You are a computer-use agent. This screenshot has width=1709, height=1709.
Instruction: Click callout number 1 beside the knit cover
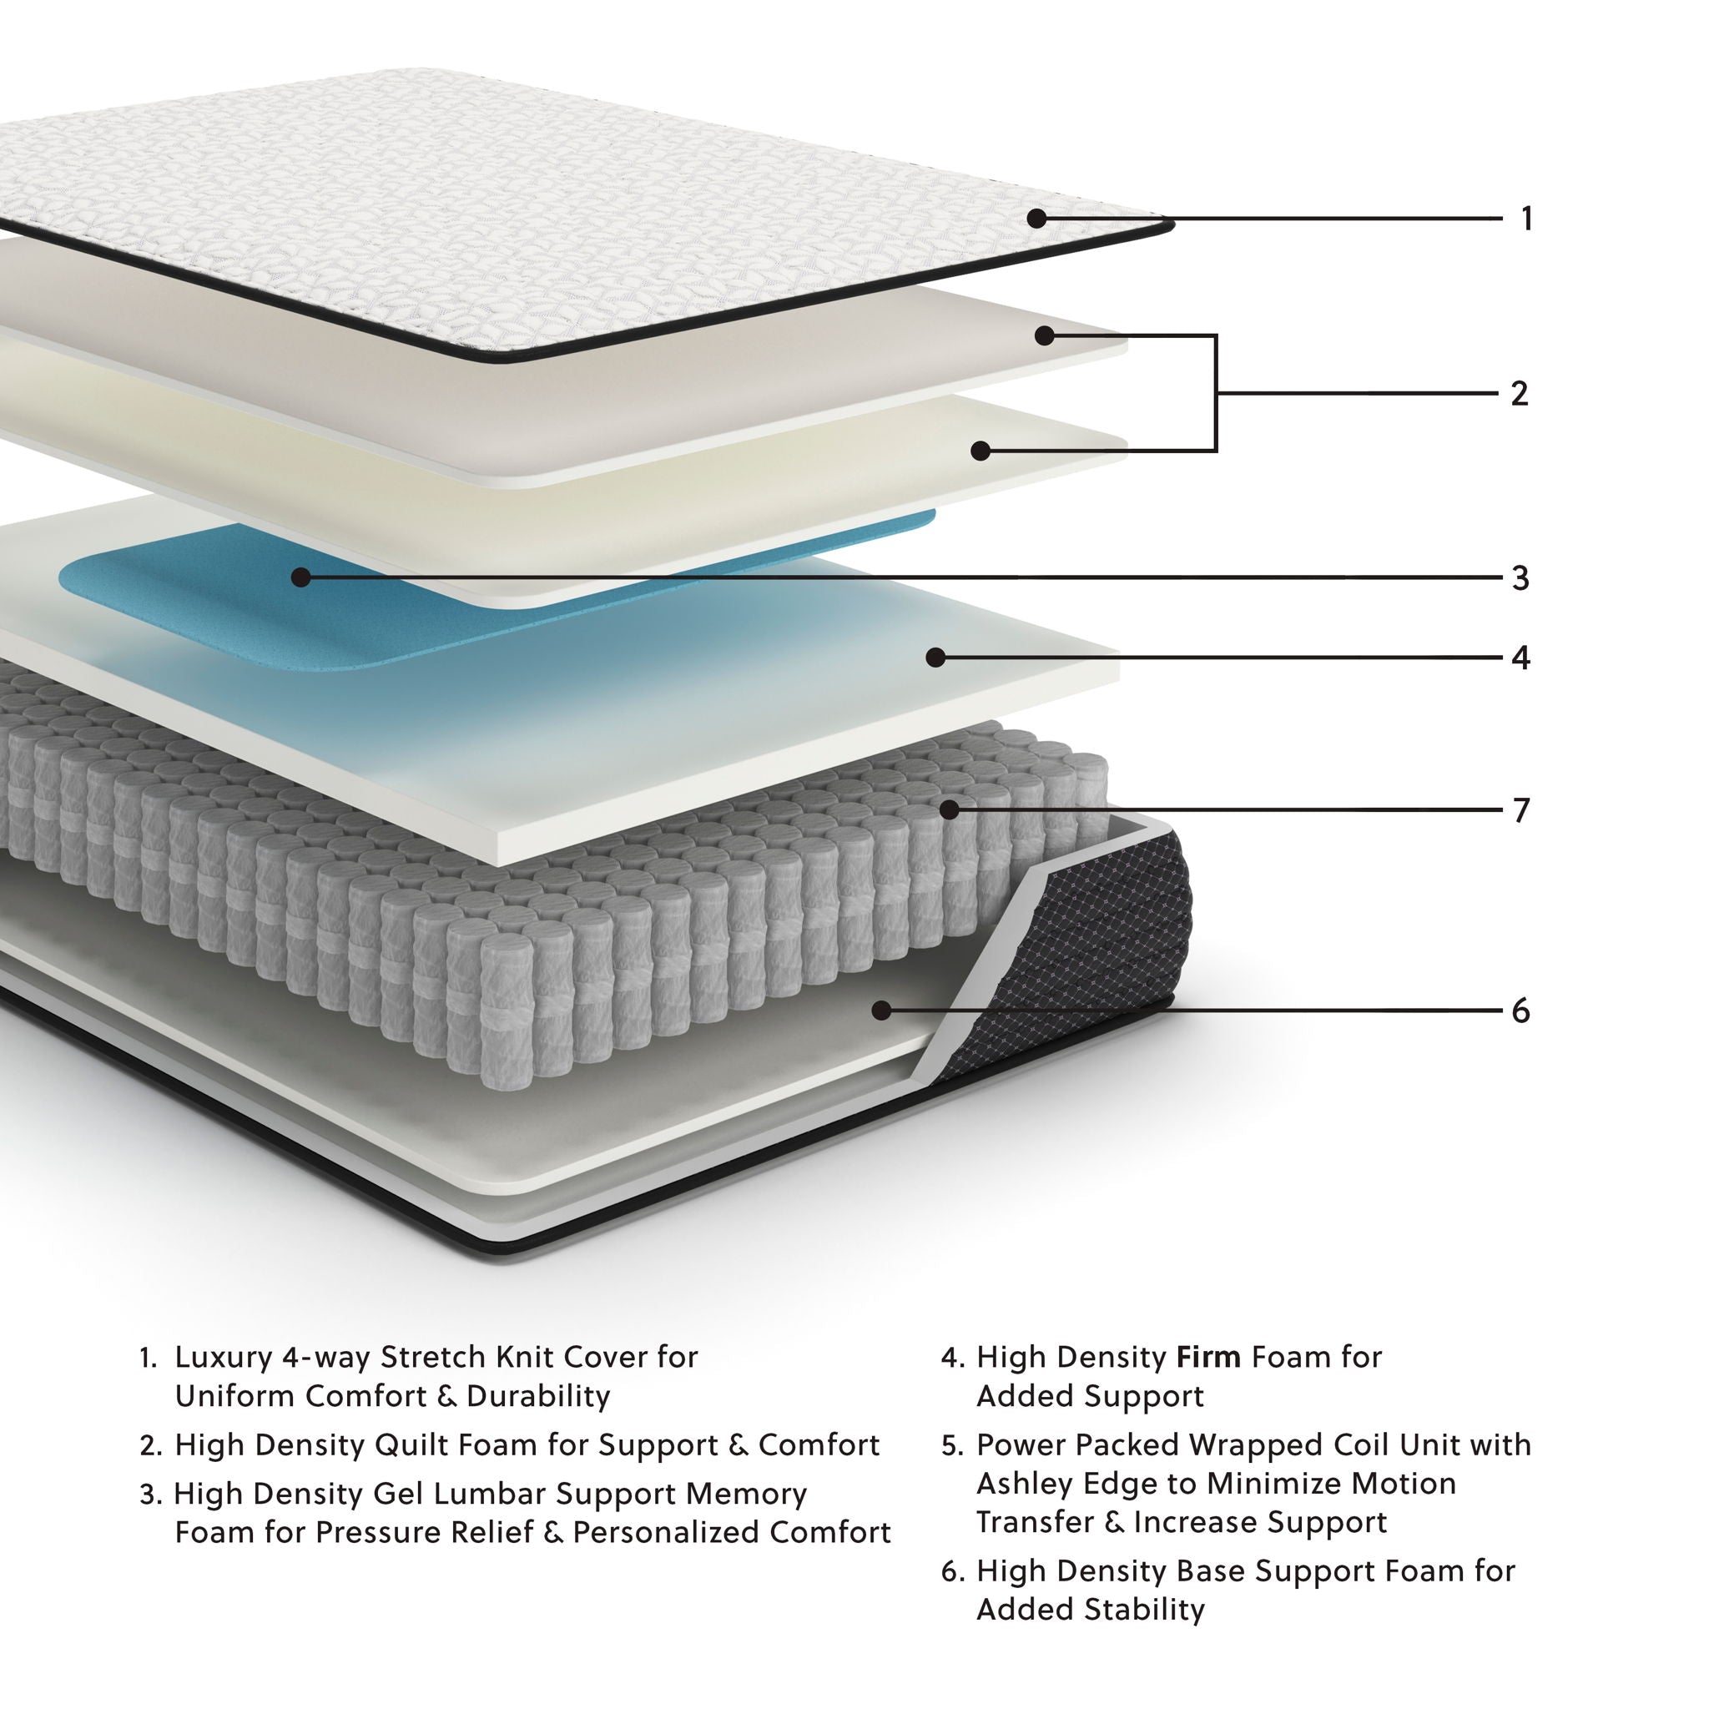coord(1526,219)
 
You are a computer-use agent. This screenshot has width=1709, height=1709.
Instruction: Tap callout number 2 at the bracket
coord(1520,394)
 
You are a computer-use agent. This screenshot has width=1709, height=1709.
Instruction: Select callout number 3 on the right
coord(1520,578)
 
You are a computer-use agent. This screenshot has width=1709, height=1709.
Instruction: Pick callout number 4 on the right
coord(1520,658)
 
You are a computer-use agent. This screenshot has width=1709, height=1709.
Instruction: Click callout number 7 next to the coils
coord(1520,810)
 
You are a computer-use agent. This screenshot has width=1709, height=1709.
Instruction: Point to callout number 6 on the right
coord(1520,1011)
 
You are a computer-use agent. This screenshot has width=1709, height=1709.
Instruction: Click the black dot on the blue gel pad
coord(300,577)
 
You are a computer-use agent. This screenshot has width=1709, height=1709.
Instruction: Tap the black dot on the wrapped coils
coord(950,809)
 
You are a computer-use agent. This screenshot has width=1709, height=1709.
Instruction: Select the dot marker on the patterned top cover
coord(1037,219)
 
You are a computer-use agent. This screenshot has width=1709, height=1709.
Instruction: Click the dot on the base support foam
coord(881,1010)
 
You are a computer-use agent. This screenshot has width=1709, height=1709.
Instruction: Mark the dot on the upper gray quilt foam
coord(1045,335)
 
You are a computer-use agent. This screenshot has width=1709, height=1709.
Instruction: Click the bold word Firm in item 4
coord(1208,1357)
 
